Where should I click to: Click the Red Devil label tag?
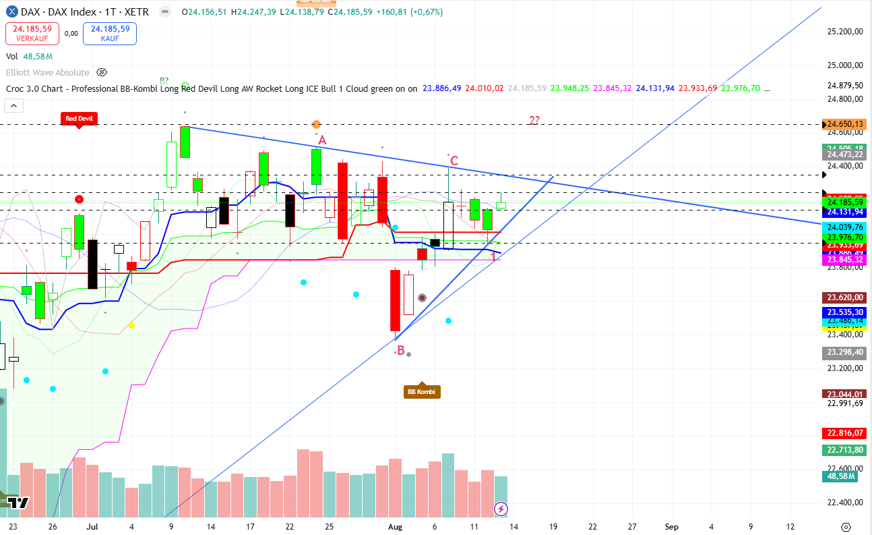[x=79, y=119]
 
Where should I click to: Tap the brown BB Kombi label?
[x=422, y=391]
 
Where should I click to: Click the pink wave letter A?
[x=322, y=140]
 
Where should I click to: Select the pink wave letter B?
[x=400, y=351]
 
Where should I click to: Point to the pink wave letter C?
[x=454, y=161]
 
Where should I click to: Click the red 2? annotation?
[x=534, y=121]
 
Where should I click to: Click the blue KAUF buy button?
[x=109, y=33]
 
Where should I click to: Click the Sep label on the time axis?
[x=671, y=526]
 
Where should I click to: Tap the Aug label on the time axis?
[x=396, y=526]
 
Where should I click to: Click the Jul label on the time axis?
[x=92, y=526]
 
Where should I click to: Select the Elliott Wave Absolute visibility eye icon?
[x=102, y=72]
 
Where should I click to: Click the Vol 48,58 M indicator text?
[x=30, y=57]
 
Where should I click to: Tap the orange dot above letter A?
[x=316, y=124]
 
